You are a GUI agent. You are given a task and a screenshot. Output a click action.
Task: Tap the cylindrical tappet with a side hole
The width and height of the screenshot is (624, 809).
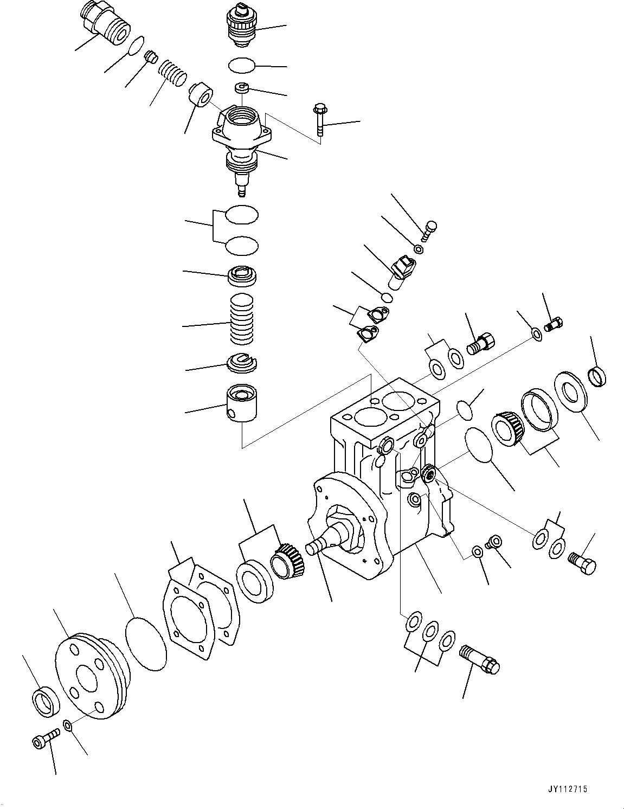(242, 403)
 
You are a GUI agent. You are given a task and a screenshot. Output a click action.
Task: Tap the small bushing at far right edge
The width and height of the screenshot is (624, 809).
(597, 375)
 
